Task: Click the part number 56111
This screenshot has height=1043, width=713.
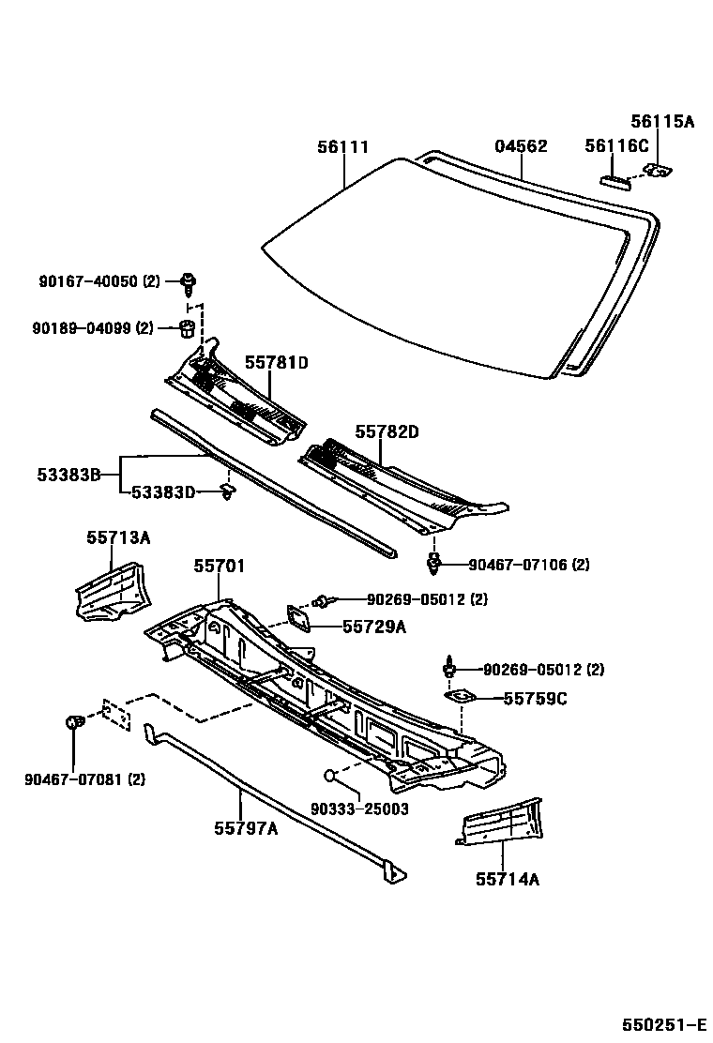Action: pos(342,147)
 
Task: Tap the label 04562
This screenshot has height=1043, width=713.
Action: pos(521,146)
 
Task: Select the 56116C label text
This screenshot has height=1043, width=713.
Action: pos(616,145)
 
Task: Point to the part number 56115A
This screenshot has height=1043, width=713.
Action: pos(661,121)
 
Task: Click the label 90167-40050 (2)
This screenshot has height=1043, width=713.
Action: pos(99,280)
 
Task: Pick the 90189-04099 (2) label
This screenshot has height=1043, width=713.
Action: pos(92,327)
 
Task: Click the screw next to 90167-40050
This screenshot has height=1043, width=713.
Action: pos(190,280)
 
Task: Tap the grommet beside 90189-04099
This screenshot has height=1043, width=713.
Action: pos(186,328)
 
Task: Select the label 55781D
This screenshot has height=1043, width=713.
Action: pos(277,362)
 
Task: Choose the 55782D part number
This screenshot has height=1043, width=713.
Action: pos(387,431)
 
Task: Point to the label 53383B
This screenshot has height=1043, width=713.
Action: pos(68,476)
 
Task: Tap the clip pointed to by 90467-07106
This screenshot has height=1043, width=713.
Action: pos(433,564)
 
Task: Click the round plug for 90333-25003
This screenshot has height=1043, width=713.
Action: pos(330,775)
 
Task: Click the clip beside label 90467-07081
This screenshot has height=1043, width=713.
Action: pos(73,723)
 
